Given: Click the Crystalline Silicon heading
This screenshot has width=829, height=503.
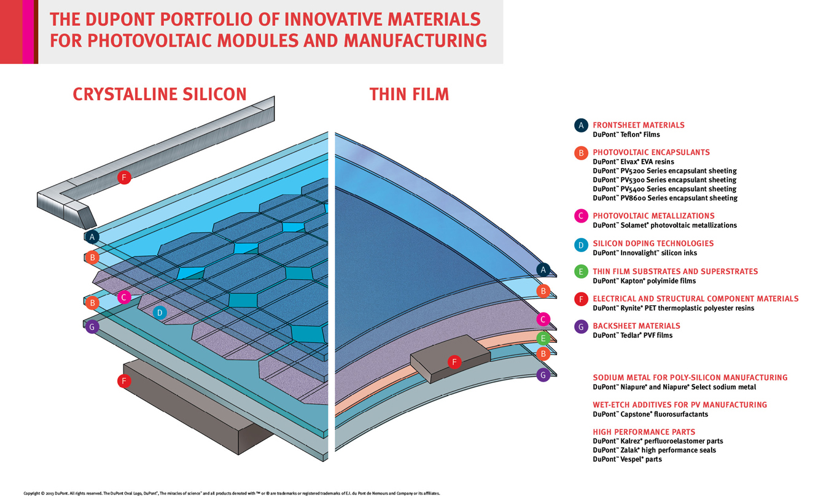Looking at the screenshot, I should pos(160,94).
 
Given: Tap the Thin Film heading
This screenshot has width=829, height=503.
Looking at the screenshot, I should pos(409,94).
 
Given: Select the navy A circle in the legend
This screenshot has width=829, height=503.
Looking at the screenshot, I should pos(581,126).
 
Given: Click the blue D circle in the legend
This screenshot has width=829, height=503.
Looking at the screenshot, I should pos(581,245).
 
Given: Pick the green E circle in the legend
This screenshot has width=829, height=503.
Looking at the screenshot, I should pos(581,272).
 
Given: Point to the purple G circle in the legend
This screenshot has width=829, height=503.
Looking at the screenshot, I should pos(581,326).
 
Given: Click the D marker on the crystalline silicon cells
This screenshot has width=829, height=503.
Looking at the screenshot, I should pos(160,312).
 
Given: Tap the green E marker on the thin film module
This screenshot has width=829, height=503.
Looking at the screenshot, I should pos(542,338).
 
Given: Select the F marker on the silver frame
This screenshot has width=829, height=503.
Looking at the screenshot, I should pos(124,178).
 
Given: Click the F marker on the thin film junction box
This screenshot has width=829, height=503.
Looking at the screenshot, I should pos(454,362).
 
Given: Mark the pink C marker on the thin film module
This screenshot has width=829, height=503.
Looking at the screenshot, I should pos(542,319).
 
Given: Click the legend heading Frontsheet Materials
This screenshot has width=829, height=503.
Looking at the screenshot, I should pos(638,125).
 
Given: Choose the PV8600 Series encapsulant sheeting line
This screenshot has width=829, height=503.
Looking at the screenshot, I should pos(664,198).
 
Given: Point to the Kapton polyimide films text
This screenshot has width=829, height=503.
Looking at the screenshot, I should pos(644,281).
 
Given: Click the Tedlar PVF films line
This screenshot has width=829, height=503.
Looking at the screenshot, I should pos(632,336).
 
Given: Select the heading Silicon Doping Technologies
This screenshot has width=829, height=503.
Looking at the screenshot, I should pos(653,244).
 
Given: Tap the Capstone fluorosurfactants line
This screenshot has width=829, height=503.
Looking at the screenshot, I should pos(650,414).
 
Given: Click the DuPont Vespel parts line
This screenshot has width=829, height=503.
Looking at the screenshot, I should pos(627,459).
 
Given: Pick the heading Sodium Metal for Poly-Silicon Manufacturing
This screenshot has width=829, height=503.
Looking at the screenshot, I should pos(690,378).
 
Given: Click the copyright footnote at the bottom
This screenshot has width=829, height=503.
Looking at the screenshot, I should pos(232,493).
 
